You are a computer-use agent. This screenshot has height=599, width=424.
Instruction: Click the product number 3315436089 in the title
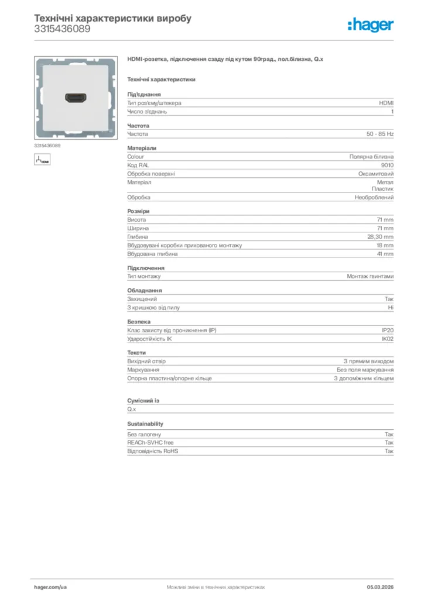(62, 29)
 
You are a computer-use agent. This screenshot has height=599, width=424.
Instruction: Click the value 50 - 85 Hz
(380, 134)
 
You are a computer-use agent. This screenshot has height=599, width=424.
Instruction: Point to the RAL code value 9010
(387, 165)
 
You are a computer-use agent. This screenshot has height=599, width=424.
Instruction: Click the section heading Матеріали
(142, 148)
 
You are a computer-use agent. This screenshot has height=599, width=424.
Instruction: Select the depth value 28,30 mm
(380, 237)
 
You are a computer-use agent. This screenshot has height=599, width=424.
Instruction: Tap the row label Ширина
(138, 228)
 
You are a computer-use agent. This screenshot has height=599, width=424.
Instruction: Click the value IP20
(388, 331)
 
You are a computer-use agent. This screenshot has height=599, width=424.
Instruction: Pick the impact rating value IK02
(388, 339)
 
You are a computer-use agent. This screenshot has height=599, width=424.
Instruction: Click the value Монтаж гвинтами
(370, 276)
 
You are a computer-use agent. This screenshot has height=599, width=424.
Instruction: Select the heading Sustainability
(145, 424)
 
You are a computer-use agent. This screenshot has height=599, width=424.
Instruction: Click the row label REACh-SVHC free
(151, 443)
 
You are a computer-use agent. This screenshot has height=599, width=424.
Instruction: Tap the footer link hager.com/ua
(50, 587)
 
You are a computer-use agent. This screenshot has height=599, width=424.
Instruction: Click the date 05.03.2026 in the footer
(380, 587)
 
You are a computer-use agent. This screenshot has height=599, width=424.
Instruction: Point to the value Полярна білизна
(371, 157)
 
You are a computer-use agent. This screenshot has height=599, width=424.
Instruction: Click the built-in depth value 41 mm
(385, 254)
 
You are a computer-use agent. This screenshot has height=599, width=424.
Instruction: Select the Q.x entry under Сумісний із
(131, 409)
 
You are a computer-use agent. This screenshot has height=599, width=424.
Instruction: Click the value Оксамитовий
(376, 174)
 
